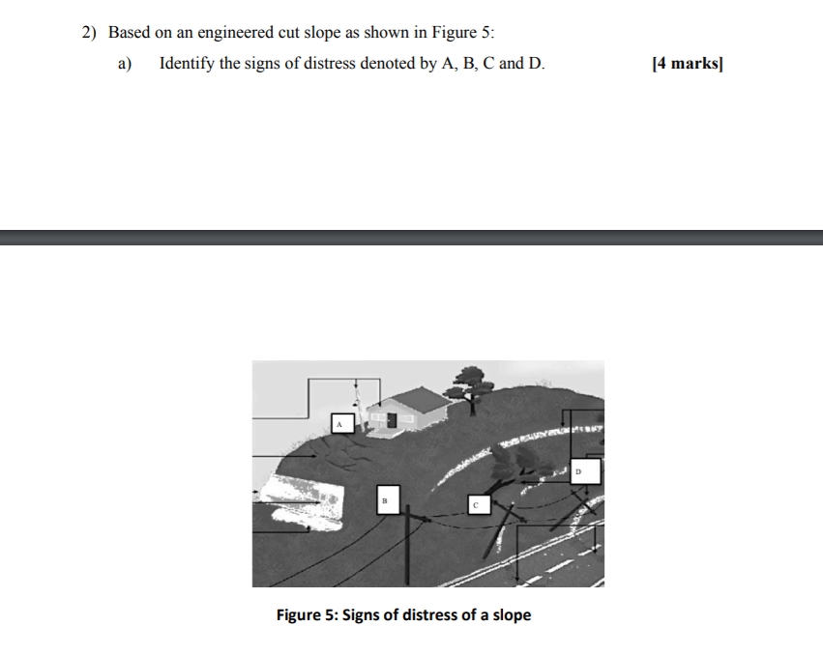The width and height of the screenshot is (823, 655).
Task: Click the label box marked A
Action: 339,422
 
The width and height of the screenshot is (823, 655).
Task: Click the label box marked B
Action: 384,499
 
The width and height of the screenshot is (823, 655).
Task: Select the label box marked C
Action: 476,504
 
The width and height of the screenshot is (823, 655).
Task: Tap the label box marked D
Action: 585,471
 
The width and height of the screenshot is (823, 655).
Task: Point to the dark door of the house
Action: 392,418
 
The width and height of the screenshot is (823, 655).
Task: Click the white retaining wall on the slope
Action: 300,502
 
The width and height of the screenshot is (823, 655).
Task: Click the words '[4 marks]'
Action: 688,65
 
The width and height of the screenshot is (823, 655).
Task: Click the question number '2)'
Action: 90,32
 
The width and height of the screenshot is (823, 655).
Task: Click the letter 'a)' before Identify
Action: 124,65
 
